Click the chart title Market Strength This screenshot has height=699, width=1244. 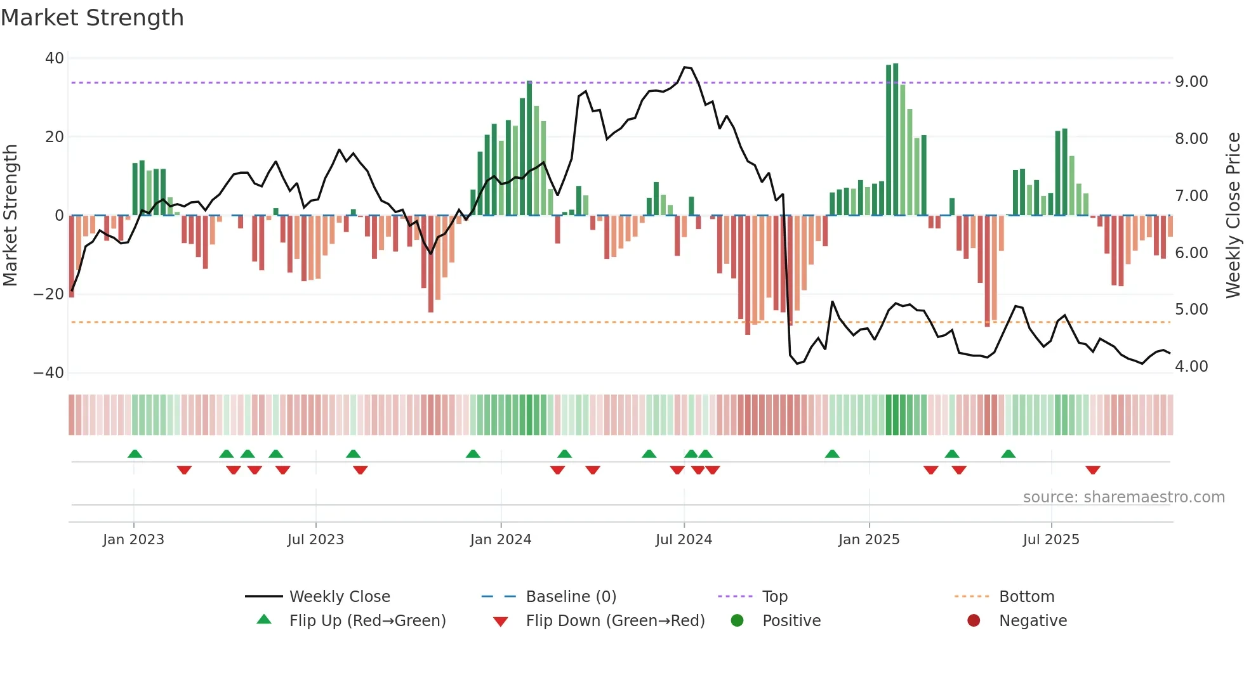(92, 18)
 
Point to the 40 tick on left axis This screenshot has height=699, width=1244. (55, 58)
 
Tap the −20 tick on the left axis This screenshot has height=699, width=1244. (49, 294)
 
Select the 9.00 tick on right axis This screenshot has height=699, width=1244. (1191, 82)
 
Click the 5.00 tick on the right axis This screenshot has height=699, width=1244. (1191, 310)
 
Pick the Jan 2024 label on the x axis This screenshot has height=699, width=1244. (501, 540)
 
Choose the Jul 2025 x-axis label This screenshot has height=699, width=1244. (1051, 540)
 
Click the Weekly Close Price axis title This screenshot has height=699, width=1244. (1233, 216)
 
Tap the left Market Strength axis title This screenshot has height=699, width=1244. (11, 216)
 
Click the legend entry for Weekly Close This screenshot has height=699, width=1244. (340, 597)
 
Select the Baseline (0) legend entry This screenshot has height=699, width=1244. (571, 597)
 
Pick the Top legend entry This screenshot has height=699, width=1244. (774, 597)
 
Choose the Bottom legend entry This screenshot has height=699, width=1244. (1026, 597)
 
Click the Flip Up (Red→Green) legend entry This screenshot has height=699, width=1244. (367, 621)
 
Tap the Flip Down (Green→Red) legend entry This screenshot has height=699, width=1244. (615, 621)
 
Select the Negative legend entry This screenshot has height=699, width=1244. (1033, 621)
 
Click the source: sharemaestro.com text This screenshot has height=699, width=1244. (1123, 497)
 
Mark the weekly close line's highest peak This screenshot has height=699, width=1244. (685, 67)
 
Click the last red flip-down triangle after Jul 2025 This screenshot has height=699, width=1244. (1092, 470)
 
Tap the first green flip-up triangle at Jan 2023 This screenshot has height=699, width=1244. (135, 454)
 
